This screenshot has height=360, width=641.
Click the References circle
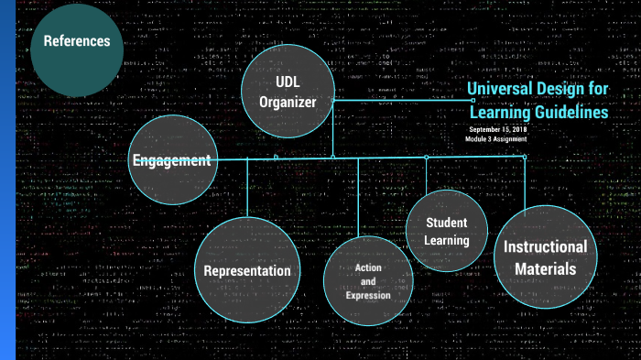[x=77, y=41]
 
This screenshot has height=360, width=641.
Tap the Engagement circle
[x=172, y=160]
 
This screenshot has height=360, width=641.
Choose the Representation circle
[x=247, y=270]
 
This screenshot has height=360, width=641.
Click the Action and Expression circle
[x=368, y=281]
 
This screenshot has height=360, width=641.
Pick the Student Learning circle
[x=447, y=232]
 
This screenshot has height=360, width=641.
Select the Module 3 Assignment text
[x=496, y=138]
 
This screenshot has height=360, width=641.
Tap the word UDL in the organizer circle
[x=287, y=82]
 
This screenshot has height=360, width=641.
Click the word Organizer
[x=287, y=103]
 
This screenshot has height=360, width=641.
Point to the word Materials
[x=545, y=268]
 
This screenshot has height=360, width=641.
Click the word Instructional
[x=545, y=246]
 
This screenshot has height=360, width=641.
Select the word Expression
[x=368, y=295]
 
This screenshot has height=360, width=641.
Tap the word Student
[x=447, y=223]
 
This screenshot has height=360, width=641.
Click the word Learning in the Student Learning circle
[x=447, y=241]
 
